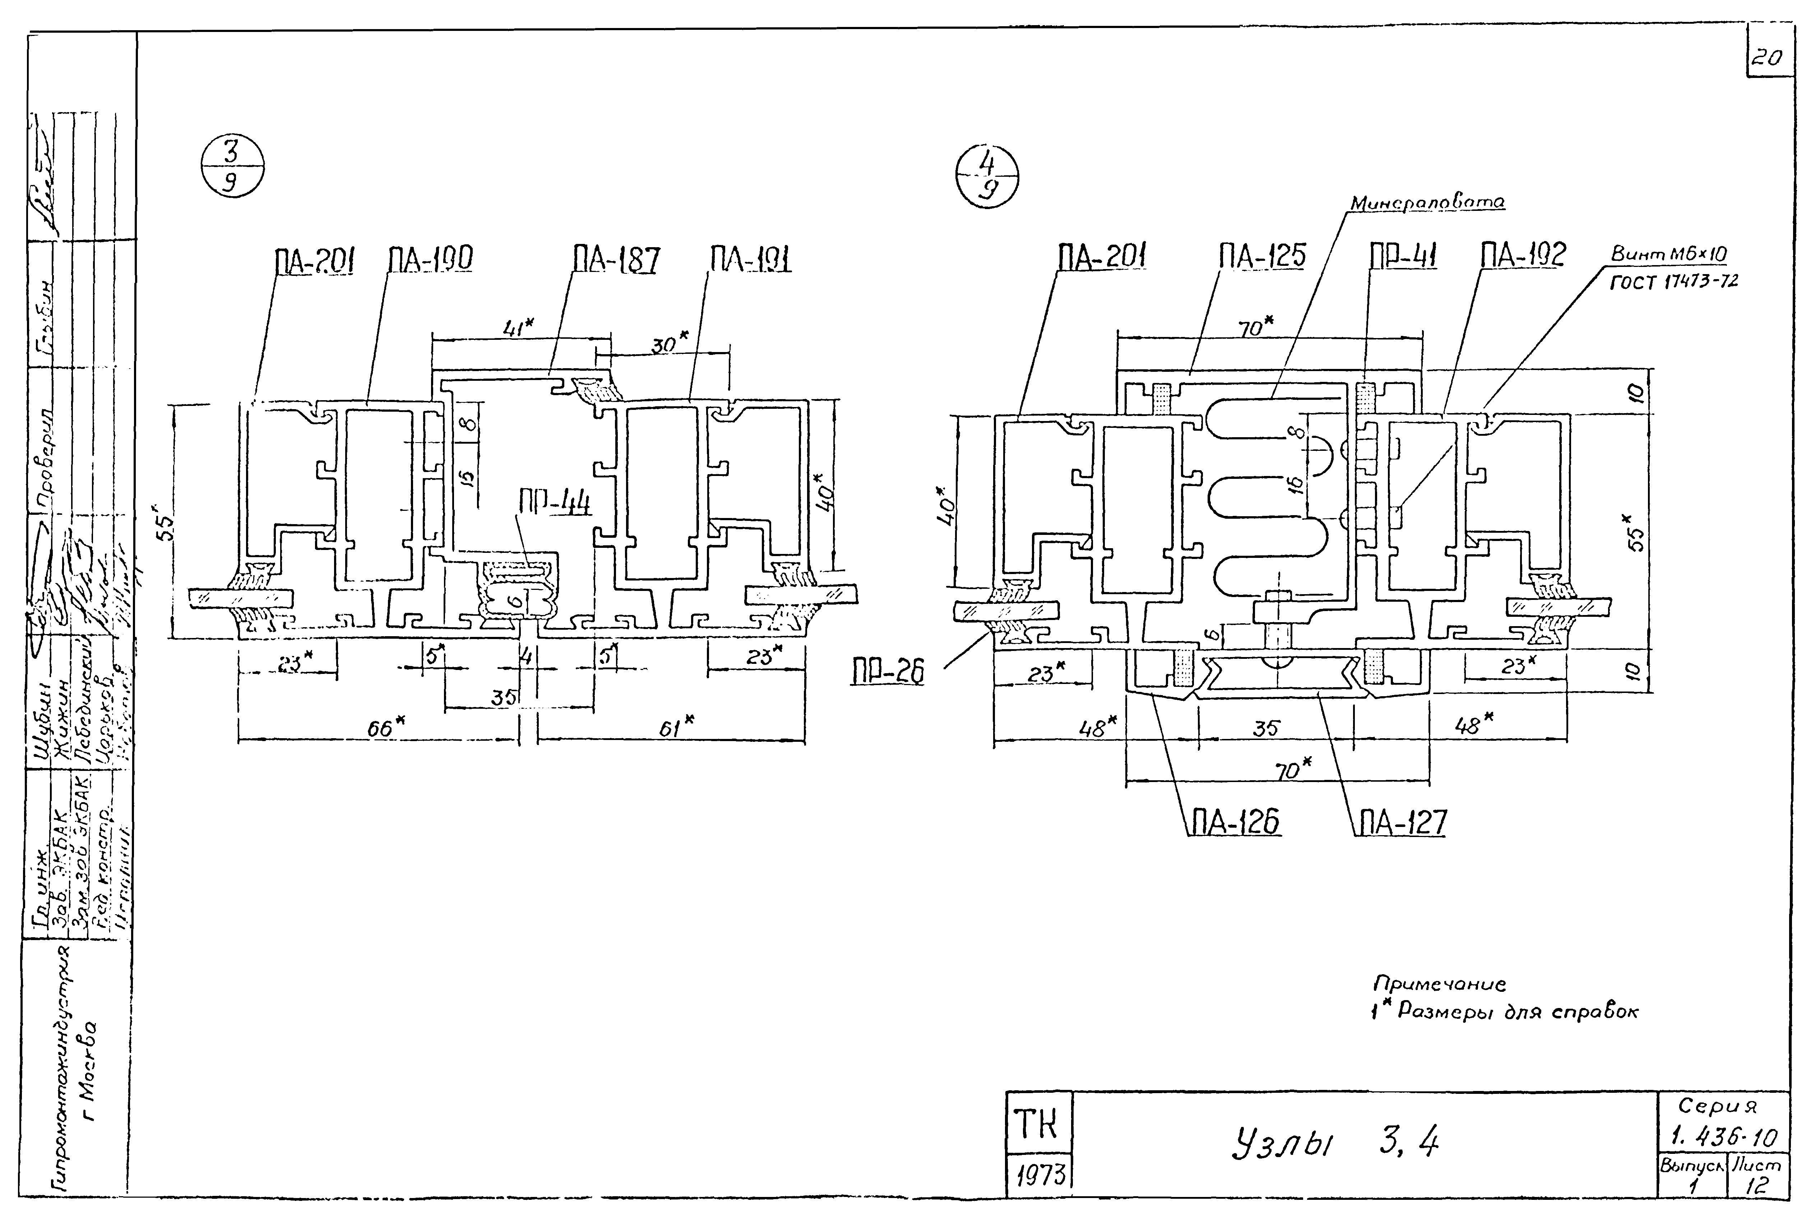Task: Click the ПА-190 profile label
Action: click(430, 259)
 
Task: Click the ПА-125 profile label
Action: click(1261, 256)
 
